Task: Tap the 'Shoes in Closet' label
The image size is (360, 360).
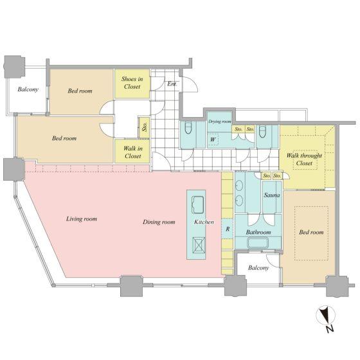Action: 132,82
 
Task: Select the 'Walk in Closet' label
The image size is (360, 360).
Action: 132,152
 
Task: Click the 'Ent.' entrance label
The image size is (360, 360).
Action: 172,84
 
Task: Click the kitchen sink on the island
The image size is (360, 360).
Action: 197,206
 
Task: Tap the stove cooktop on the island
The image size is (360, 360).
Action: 197,245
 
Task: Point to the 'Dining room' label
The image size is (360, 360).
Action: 159,222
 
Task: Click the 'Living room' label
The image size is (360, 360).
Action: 82,219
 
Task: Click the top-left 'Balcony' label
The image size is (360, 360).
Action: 28,89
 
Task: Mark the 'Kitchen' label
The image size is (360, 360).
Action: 204,222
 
